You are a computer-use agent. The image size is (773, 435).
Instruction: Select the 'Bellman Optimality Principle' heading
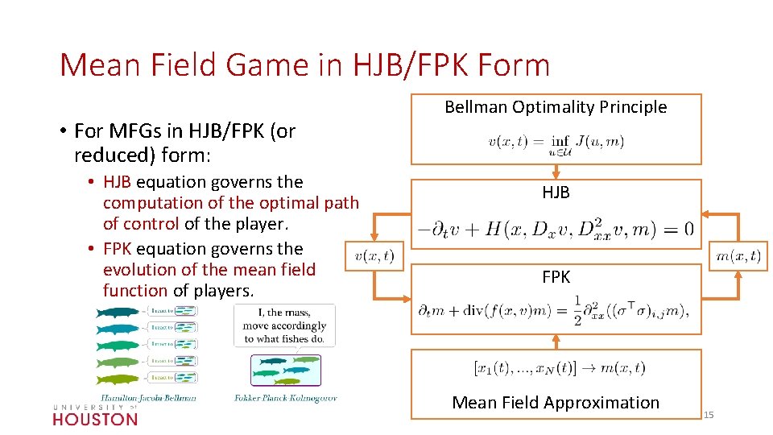(556, 107)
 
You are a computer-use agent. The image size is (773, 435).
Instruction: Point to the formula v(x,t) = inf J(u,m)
(556, 142)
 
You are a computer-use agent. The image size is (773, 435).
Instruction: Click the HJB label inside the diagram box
(556, 193)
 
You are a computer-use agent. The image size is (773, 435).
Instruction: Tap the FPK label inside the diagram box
(556, 277)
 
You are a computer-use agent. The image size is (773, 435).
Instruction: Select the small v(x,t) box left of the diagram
(374, 256)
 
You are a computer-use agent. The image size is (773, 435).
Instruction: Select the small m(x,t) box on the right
(738, 256)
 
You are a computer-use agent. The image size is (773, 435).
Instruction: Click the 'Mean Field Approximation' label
(556, 403)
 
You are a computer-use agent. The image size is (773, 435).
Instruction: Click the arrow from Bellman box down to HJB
(556, 172)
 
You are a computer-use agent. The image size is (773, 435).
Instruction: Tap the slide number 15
(709, 415)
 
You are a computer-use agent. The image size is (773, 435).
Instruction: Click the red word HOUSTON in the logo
(95, 419)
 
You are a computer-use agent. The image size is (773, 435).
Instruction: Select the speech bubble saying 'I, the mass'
(284, 325)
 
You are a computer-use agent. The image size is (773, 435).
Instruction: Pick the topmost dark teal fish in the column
(117, 313)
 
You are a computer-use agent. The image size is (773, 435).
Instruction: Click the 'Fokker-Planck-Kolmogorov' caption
(285, 397)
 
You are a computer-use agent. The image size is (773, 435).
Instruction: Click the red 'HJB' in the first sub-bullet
(118, 182)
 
